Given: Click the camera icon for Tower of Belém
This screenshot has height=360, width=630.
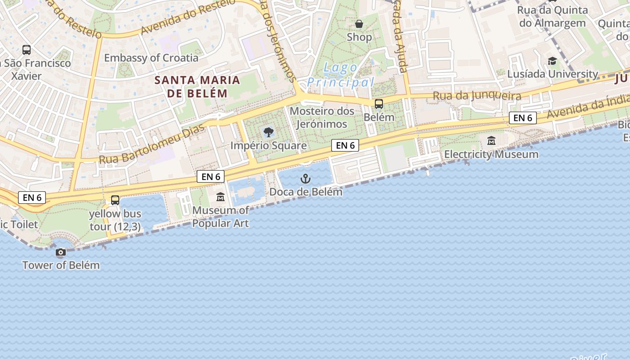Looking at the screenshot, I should [x=61, y=252].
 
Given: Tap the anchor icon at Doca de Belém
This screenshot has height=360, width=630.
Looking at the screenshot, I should [x=306, y=179].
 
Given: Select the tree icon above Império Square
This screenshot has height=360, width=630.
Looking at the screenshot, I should [x=269, y=132].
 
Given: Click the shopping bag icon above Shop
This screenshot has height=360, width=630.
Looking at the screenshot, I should [x=359, y=24].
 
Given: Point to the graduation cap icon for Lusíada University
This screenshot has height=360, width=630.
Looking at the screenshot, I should [x=552, y=61].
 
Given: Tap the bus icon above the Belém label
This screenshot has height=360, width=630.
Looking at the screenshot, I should [x=379, y=104].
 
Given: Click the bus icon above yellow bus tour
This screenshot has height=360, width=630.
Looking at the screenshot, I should [x=115, y=200].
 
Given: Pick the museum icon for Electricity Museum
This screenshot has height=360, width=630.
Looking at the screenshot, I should [x=491, y=141].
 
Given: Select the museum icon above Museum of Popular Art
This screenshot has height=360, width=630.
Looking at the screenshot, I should [x=220, y=197].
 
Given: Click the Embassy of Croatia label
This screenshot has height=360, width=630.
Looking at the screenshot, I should [x=151, y=58].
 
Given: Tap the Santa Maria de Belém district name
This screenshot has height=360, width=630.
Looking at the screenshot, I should [x=197, y=87].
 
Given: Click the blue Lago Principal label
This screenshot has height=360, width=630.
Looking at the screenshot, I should [x=341, y=75].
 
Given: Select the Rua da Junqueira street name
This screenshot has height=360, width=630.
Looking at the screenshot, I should [x=477, y=95].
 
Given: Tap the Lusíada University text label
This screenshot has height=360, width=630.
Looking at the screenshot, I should [x=553, y=74].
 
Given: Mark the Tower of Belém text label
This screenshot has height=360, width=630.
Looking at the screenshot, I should [x=61, y=265].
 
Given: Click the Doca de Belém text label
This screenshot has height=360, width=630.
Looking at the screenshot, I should [x=306, y=192].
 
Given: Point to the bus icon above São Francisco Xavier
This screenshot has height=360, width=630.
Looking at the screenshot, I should [x=27, y=50].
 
